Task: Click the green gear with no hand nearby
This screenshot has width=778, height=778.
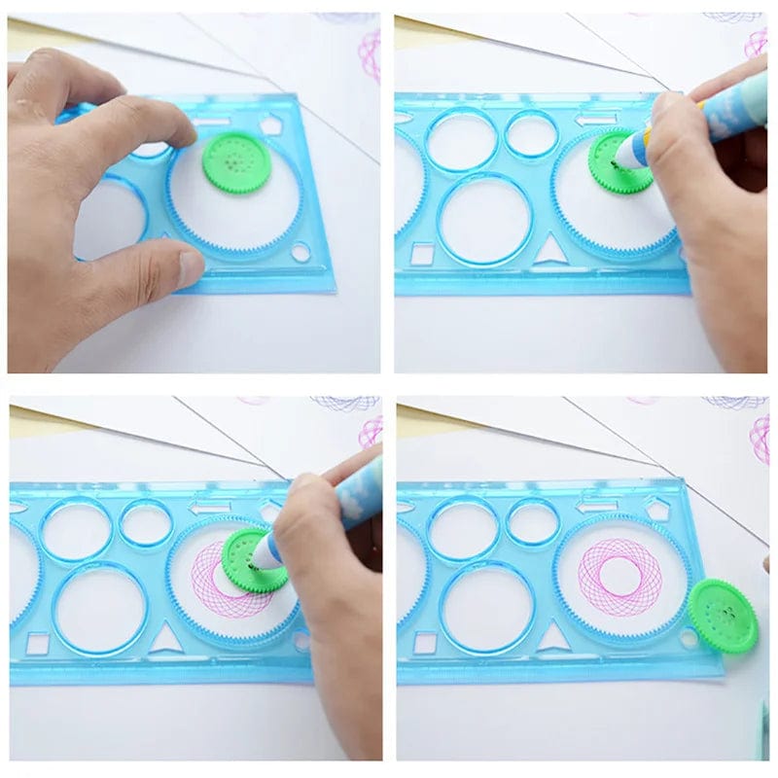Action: coord(722,616)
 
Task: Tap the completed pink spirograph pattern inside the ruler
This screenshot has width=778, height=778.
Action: coord(619,575)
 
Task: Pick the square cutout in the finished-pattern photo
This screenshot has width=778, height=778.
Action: coord(425,642)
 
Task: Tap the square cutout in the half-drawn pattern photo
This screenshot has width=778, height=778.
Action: coord(37,643)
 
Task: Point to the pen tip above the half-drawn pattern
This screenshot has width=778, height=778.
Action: coord(261,561)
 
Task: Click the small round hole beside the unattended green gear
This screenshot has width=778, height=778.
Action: coord(690,638)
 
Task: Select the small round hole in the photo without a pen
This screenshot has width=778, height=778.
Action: coord(301,252)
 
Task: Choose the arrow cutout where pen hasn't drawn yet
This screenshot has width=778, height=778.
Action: coord(595,120)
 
